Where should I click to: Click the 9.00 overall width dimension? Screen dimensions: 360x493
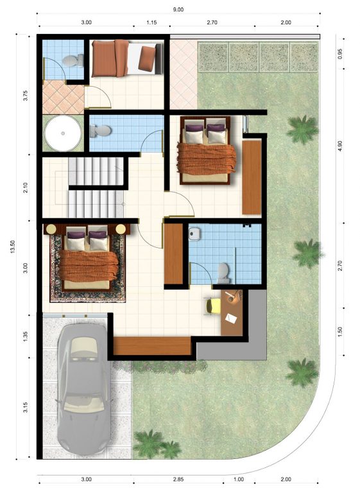178,10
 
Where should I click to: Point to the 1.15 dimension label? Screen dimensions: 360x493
151,22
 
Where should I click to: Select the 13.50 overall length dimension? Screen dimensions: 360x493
13,246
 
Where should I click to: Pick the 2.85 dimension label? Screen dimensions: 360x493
178,480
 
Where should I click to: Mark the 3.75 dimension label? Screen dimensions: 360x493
26,95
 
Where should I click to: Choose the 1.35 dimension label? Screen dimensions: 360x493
26,336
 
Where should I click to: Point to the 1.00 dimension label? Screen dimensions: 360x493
239,480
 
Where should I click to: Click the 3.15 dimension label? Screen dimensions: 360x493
26,408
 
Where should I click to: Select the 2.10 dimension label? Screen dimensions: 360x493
26,187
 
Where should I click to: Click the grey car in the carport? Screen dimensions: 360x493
83,389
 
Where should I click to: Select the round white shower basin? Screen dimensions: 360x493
63,134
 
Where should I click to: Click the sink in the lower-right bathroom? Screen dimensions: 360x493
194,234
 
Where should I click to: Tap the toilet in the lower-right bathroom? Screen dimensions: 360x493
223,272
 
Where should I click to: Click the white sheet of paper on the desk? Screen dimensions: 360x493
231,318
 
